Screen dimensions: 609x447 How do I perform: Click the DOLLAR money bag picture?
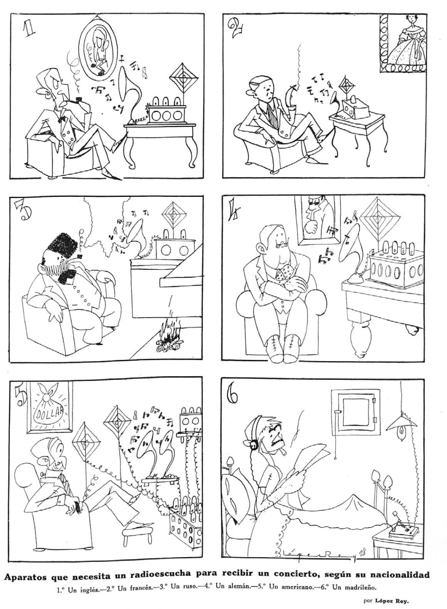click(48, 407)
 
